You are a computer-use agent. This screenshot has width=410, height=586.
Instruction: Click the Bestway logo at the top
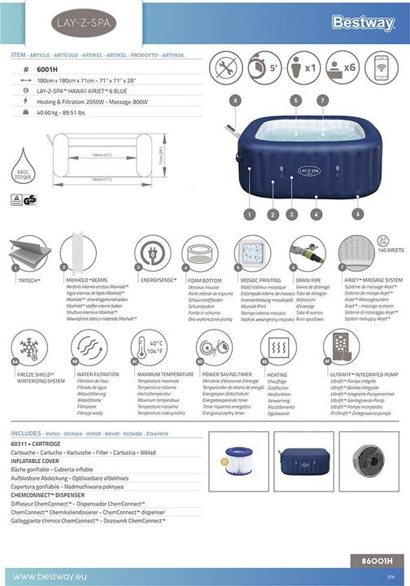pyautogui.click(x=362, y=24)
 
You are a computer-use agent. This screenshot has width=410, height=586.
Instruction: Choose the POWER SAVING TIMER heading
pyautogui.click(x=225, y=374)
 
